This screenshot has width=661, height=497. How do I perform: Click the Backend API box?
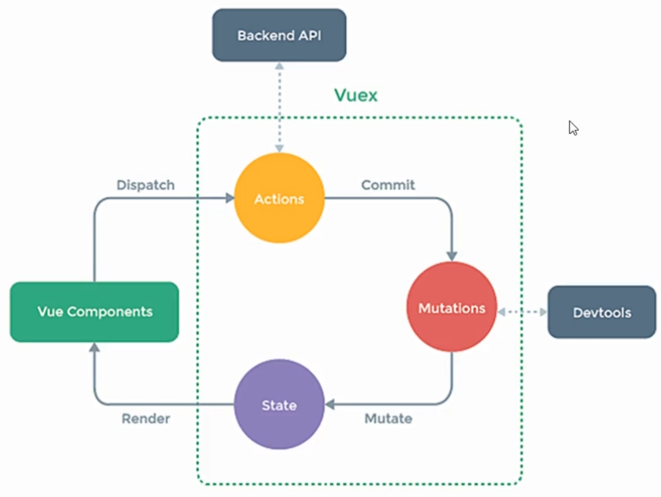click(279, 35)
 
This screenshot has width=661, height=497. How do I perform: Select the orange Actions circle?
click(279, 198)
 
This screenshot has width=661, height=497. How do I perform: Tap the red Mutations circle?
click(452, 307)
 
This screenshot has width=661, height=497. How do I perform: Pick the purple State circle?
click(279, 405)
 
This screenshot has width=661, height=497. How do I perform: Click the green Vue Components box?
click(95, 312)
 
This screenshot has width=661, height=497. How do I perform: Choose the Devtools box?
click(602, 312)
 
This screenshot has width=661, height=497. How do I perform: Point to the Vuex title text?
click(356, 95)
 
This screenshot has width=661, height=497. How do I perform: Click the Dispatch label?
click(145, 185)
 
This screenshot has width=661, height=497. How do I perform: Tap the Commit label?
click(388, 185)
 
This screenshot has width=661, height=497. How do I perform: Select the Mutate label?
click(389, 419)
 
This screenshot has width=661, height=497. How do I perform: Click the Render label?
click(146, 419)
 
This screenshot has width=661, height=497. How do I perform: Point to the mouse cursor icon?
click(573, 128)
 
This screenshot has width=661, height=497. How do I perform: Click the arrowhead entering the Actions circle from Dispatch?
click(230, 198)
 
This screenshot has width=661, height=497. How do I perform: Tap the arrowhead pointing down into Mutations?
click(452, 256)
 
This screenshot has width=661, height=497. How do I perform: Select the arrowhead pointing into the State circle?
click(329, 405)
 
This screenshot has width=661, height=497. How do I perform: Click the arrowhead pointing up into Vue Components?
click(95, 347)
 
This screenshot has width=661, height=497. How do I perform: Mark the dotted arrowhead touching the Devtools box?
click(543, 312)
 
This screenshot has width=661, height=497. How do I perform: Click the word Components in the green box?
click(110, 312)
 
